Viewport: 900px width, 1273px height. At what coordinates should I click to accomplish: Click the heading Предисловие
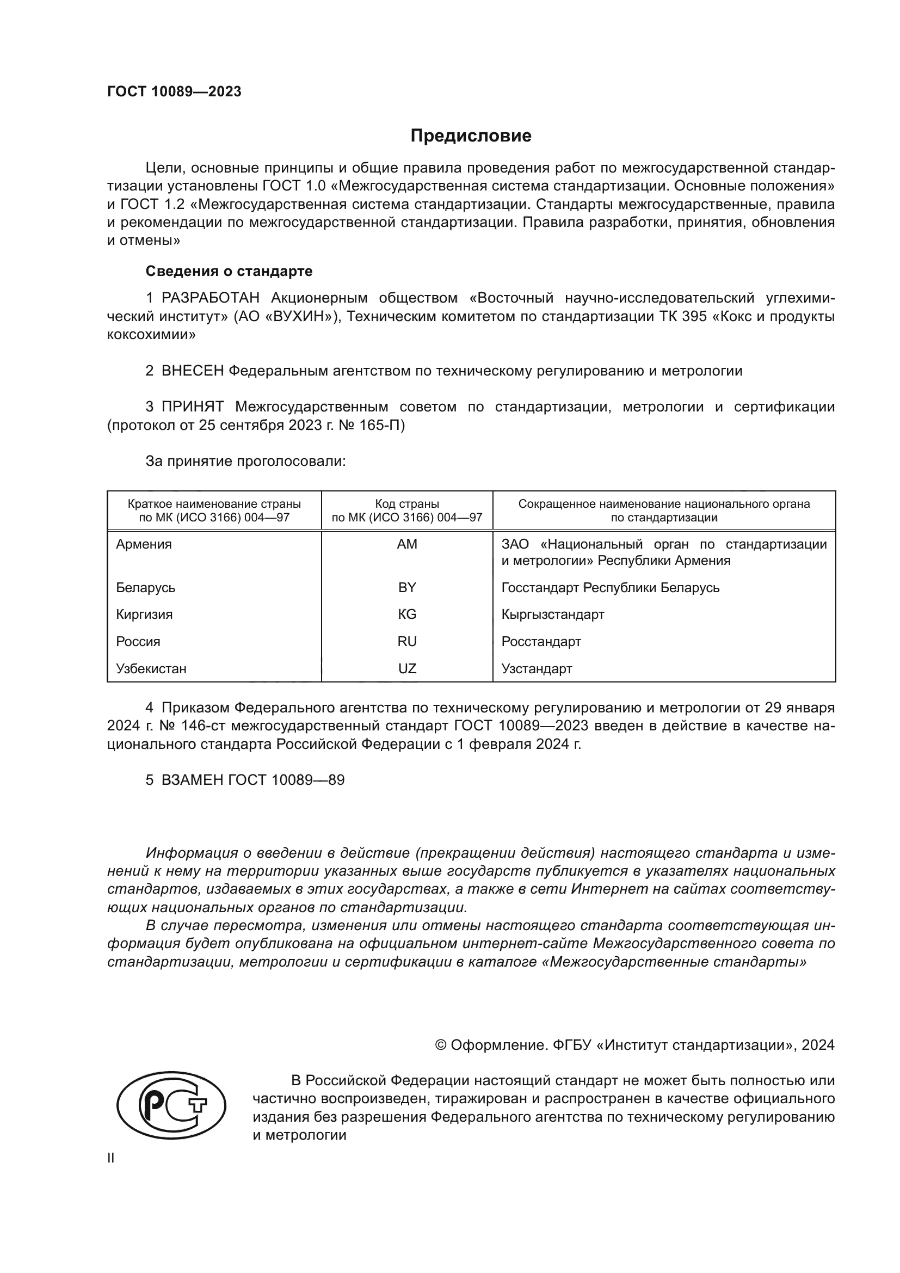[x=471, y=136]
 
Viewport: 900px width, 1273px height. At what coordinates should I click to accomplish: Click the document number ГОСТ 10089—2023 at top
[x=174, y=92]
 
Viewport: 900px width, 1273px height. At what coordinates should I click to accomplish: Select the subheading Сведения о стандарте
[x=229, y=271]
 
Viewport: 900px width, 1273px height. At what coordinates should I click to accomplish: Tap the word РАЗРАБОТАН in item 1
[x=210, y=298]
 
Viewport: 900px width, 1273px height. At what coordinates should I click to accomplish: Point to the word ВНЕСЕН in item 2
[x=192, y=371]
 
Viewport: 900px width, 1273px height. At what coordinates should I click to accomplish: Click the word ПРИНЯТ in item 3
[x=192, y=407]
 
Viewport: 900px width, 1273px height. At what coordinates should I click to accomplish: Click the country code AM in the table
[x=407, y=544]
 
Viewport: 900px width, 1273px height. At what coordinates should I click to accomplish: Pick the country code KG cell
[x=407, y=614]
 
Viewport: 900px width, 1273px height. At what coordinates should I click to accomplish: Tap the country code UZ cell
[x=407, y=669]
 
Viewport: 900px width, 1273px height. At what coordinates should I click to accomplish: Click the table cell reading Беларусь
[x=145, y=587]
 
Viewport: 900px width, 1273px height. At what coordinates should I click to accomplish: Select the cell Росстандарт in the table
[x=541, y=642]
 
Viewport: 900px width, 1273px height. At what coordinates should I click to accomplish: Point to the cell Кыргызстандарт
[x=552, y=614]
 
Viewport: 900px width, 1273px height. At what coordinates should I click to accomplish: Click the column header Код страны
[x=407, y=504]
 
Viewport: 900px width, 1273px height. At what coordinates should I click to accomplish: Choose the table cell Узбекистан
[x=151, y=669]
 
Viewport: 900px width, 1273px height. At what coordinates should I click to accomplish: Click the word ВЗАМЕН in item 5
[x=192, y=780]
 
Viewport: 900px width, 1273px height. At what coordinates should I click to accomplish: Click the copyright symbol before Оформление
[x=441, y=1045]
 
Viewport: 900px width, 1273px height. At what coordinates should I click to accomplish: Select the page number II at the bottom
[x=111, y=1158]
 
